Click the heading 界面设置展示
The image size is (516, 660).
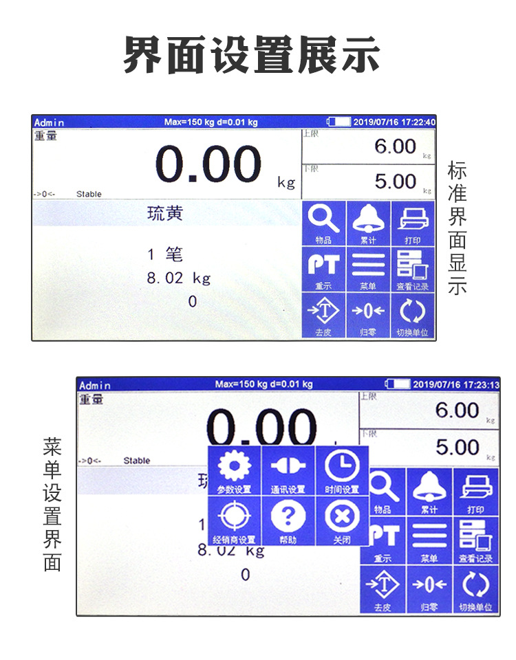click(252, 56)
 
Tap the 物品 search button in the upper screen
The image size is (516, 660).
click(323, 223)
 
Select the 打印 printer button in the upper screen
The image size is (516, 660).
click(413, 223)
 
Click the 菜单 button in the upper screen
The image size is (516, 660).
click(368, 269)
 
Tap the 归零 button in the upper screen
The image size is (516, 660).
click(368, 315)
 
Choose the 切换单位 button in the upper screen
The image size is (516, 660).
click(413, 315)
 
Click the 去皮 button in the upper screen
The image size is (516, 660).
click(323, 315)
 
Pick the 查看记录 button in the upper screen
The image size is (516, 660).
click(413, 269)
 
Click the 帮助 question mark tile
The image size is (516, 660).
click(288, 521)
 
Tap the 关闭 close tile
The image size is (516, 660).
click(342, 521)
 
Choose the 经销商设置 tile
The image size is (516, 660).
click(234, 521)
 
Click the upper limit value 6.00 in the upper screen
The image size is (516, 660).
click(395, 146)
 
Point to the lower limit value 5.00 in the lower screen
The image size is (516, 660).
click(457, 448)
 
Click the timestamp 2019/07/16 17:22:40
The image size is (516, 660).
click(394, 122)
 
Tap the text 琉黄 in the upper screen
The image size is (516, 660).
click(165, 214)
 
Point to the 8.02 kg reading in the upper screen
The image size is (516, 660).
click(179, 278)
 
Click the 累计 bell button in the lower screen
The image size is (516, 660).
click(429, 492)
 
